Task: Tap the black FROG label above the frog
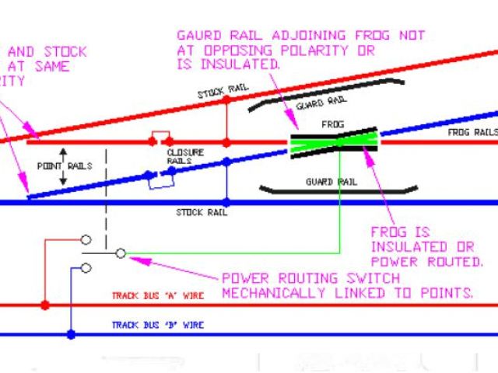pyautogui.click(x=332, y=124)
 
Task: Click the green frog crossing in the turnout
pyautogui.click(x=335, y=142)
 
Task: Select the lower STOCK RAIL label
pyautogui.click(x=201, y=211)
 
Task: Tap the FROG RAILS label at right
pyautogui.click(x=472, y=133)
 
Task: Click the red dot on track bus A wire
pyautogui.click(x=45, y=305)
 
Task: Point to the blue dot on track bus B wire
pyautogui.click(x=71, y=334)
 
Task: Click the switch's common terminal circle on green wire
pyautogui.click(x=121, y=253)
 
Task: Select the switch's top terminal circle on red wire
pyautogui.click(x=86, y=239)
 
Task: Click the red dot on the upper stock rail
pyautogui.click(x=226, y=99)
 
